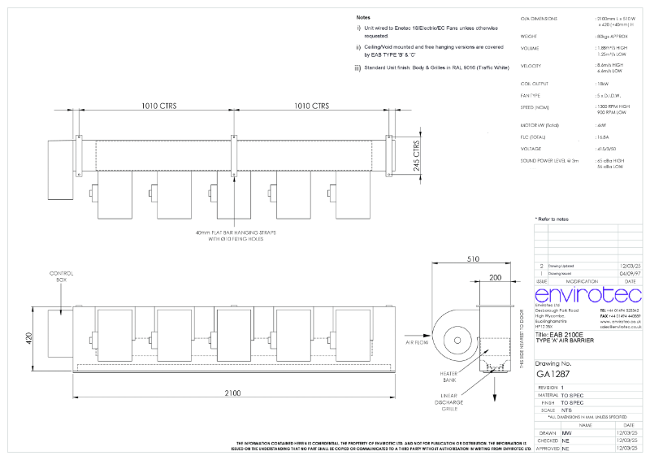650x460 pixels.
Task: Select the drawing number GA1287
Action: [x=553, y=374]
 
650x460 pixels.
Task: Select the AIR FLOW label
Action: [x=417, y=344]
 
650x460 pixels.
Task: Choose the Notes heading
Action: [x=365, y=17]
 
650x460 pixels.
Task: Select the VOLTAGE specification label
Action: [x=531, y=149]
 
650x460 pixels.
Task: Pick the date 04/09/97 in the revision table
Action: [x=630, y=273]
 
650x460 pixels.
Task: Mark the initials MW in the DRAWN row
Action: [x=566, y=433]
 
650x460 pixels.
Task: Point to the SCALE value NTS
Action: [x=566, y=409]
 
